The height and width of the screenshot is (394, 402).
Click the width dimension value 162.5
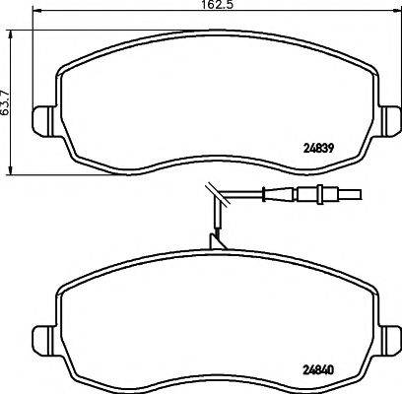click(201, 5)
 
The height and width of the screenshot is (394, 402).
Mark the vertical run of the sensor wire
click(215, 222)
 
